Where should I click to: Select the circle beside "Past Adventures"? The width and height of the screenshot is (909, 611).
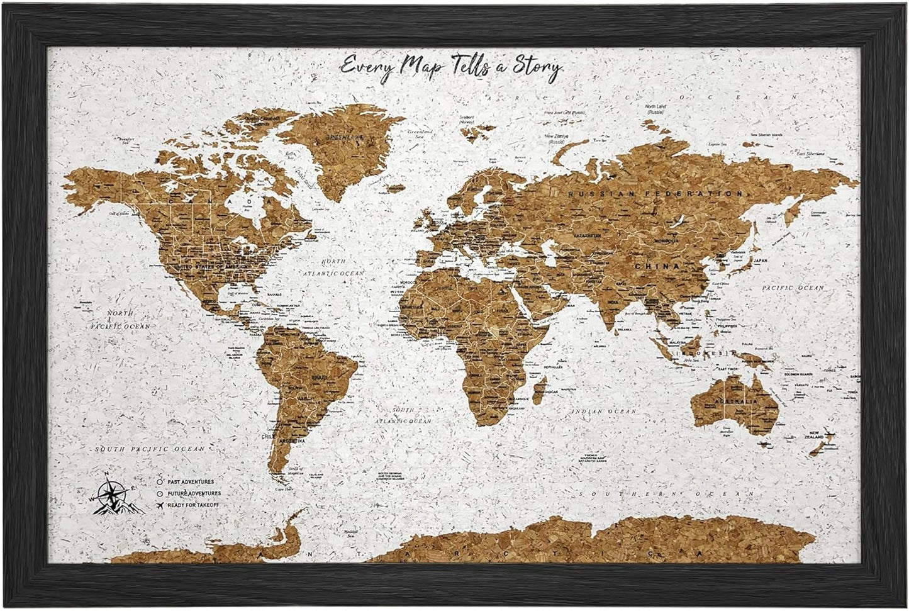point(161,482)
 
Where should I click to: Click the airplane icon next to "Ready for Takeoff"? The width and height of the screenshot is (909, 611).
point(161,505)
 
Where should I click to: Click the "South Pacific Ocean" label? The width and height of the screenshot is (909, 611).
point(150,449)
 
